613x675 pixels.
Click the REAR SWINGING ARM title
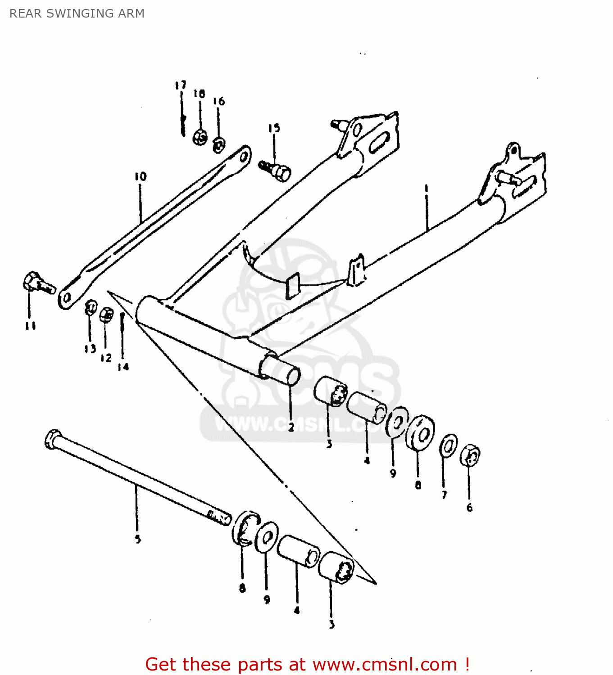[77, 13]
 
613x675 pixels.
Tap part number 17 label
[181, 85]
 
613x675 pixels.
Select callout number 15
[274, 128]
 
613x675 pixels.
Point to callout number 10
[140, 176]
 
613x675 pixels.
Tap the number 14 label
[123, 367]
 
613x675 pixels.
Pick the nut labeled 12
[106, 315]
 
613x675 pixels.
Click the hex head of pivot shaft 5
[53, 439]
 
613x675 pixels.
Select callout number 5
[138, 539]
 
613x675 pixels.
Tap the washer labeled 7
[449, 445]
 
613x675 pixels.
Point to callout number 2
[291, 428]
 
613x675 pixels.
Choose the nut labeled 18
[200, 136]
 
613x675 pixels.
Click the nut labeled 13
[91, 308]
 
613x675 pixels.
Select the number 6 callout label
[469, 508]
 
